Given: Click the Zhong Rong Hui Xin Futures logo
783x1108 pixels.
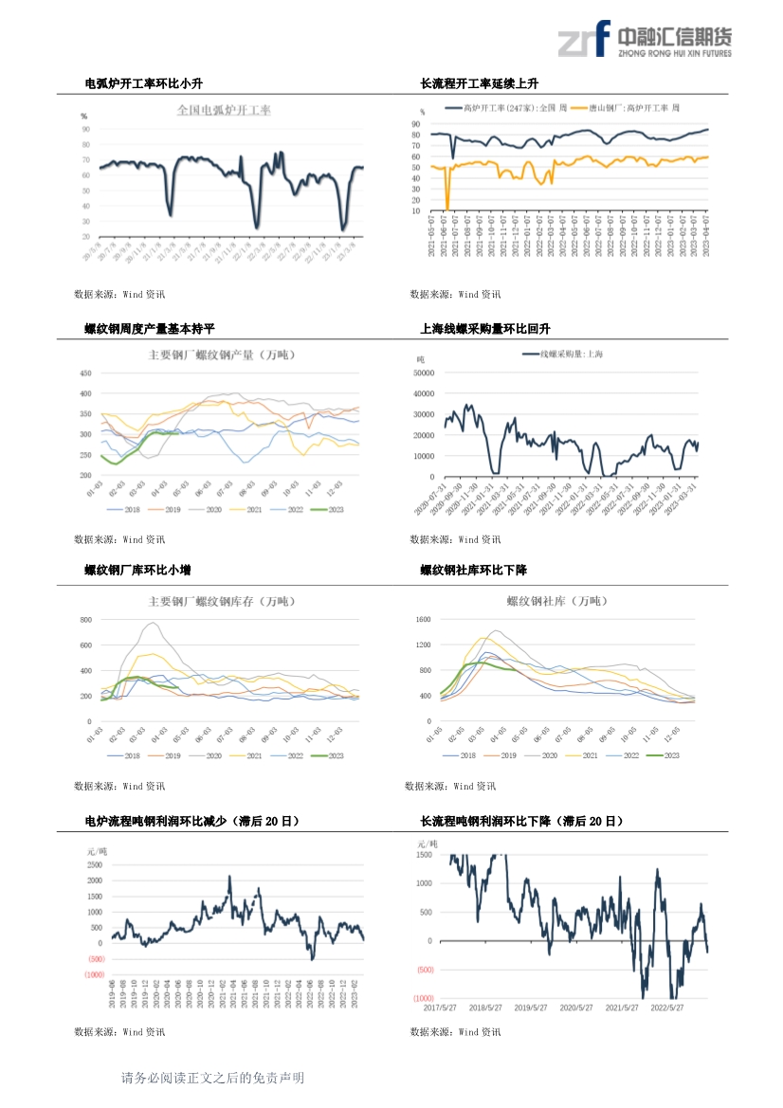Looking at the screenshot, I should [x=644, y=40].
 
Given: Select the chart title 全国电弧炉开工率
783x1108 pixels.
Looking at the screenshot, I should [x=224, y=111].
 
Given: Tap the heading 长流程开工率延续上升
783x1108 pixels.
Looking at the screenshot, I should [x=480, y=84].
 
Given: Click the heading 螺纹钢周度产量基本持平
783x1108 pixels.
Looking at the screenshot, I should [x=150, y=329].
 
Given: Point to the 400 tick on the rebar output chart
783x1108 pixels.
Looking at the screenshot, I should [x=85, y=393].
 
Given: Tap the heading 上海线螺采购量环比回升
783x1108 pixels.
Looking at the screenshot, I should [x=485, y=329].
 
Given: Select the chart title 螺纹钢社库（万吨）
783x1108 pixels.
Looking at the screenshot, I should [x=556, y=601].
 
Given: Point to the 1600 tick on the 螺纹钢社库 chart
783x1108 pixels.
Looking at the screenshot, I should [x=423, y=620].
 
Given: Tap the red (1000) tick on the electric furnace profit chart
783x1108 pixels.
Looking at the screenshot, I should [x=94, y=974].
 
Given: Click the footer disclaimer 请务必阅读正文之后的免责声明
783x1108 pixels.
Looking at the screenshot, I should [x=212, y=1078].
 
